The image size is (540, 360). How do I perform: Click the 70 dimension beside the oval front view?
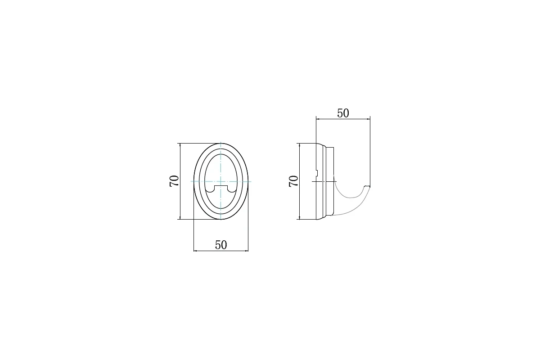(174, 181)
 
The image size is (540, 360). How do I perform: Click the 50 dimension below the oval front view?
(221, 245)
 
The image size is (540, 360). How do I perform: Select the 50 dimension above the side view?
(343, 113)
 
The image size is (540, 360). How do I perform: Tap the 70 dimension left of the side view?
(293, 181)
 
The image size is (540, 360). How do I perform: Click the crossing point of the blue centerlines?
(221, 181)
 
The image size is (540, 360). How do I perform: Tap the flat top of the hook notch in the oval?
(221, 186)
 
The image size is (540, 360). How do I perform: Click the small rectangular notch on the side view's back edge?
(317, 173)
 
